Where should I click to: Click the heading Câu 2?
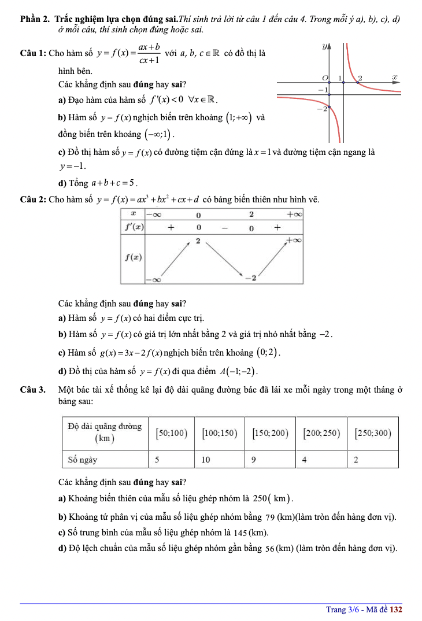pos(32,200)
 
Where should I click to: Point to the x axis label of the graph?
pos(394,76)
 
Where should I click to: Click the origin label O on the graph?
pos(325,77)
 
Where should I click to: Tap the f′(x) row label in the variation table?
pos(132,227)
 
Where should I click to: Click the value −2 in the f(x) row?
pos(250,278)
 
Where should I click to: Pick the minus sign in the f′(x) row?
pos(223,228)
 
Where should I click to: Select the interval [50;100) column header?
pos(171,433)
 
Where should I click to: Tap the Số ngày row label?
pos(82,460)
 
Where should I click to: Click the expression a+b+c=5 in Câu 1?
pos(113,183)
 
